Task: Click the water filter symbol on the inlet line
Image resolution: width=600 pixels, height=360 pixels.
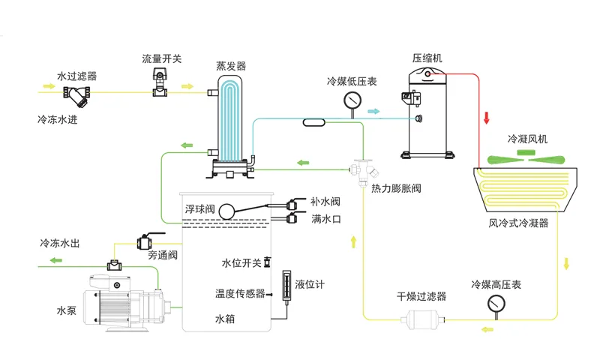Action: click(x=77, y=95)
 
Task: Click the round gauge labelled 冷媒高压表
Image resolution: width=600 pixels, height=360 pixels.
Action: click(x=496, y=303)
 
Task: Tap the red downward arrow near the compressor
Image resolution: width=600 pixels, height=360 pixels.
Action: click(x=486, y=118)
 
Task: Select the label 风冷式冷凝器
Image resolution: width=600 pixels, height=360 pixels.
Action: click(x=519, y=223)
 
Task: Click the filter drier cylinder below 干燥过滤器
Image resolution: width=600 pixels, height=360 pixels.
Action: click(x=422, y=317)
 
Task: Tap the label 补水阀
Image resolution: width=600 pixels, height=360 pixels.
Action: click(x=325, y=202)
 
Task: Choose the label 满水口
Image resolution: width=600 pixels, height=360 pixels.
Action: click(x=326, y=219)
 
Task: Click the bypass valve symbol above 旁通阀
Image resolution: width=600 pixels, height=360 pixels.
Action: click(x=145, y=241)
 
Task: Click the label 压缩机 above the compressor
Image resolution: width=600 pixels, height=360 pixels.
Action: click(x=425, y=57)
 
